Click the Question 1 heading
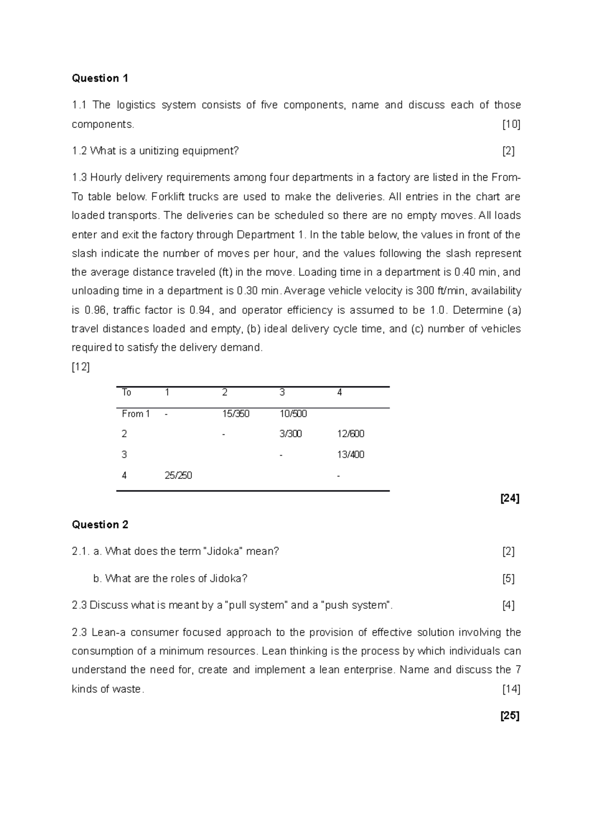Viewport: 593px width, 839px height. click(100, 78)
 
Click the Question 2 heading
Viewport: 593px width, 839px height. click(100, 525)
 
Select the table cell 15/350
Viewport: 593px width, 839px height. click(236, 414)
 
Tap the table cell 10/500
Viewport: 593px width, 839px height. click(293, 414)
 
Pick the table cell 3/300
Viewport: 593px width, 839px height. click(291, 434)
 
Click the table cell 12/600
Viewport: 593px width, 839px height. click(350, 434)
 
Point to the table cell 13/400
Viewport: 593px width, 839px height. click(350, 455)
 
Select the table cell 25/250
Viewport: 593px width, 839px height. click(178, 475)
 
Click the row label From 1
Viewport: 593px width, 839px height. click(136, 414)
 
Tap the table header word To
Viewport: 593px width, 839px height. click(127, 392)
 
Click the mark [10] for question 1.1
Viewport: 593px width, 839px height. click(511, 125)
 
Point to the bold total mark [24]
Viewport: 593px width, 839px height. click(509, 499)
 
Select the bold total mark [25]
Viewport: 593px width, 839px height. click(509, 715)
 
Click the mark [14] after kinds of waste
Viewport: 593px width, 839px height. click(510, 689)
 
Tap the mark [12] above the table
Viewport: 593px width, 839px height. click(81, 367)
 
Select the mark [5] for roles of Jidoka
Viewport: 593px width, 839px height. click(508, 579)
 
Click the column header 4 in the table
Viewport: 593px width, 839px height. click(339, 392)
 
